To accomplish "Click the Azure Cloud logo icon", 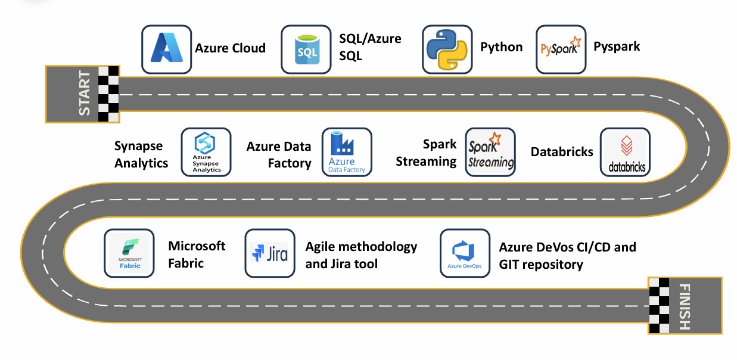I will [x=166, y=49].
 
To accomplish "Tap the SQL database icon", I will [x=306, y=49].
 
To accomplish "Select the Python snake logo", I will [x=447, y=49].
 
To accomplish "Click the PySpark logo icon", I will [x=561, y=49].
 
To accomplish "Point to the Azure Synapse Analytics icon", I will [x=206, y=152].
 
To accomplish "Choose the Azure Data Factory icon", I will [x=347, y=152].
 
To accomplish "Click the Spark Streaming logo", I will [x=490, y=152].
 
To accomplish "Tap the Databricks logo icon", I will [x=625, y=152].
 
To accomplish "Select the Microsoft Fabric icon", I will [x=129, y=253].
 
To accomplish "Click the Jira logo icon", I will [x=270, y=253].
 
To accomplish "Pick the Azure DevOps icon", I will [x=465, y=253].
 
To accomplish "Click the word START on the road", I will [x=85, y=94].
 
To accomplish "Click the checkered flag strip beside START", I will [x=108, y=94].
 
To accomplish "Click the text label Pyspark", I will [x=617, y=46].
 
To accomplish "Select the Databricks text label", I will [x=562, y=152].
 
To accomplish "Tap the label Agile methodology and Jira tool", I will [x=361, y=255].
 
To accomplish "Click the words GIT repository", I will [x=541, y=264].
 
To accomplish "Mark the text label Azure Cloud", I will [x=230, y=48].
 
